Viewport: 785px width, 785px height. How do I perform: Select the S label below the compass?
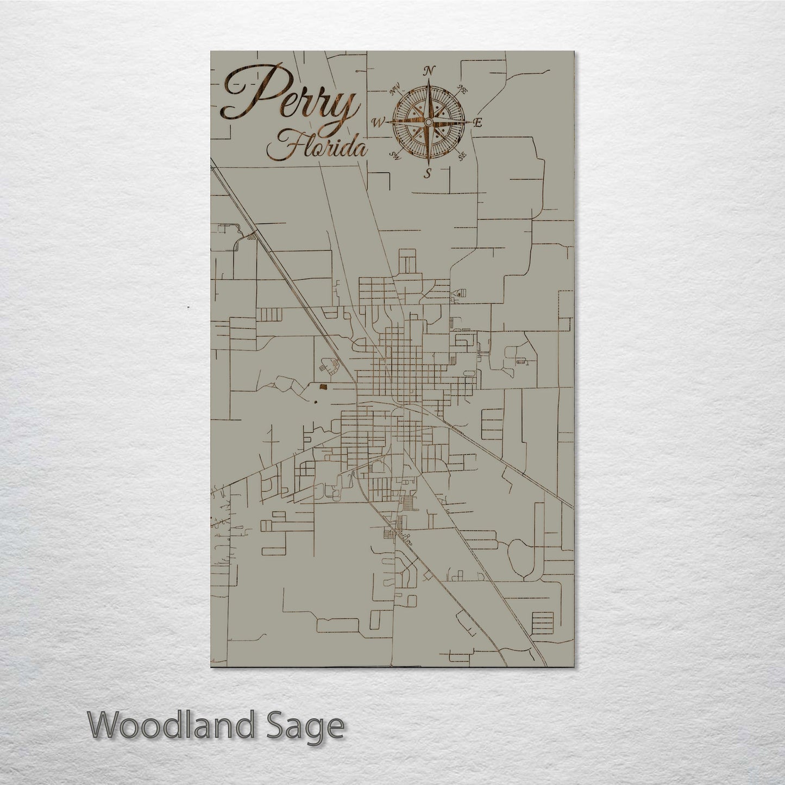[428, 173]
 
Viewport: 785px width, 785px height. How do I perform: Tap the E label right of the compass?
[478, 123]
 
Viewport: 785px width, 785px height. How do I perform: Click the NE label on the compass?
[463, 89]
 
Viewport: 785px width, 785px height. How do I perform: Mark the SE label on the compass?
[462, 156]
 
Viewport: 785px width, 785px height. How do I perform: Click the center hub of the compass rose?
[428, 122]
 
